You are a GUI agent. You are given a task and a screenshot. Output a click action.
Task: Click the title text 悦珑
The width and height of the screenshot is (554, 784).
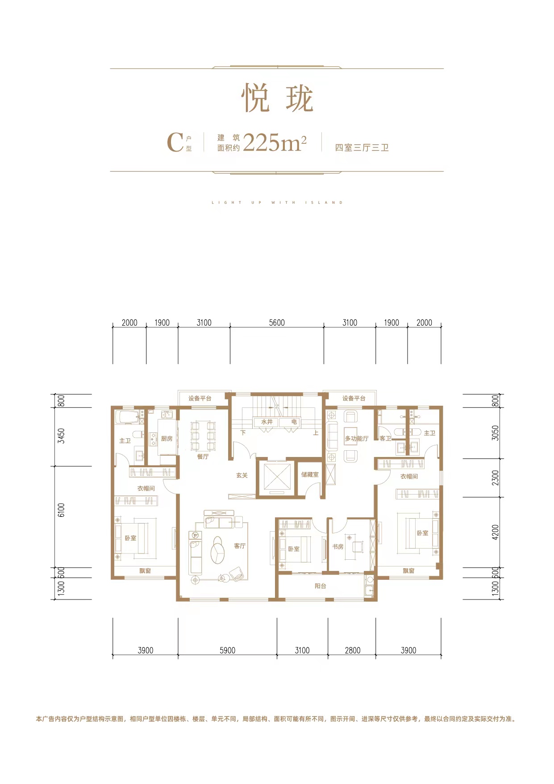point(277,99)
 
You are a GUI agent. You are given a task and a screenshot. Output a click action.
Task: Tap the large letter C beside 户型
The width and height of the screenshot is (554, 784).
point(175,143)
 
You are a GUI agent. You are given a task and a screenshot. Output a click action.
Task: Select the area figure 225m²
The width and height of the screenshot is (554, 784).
point(275,143)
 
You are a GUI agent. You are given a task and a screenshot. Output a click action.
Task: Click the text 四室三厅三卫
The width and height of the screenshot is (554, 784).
point(362,147)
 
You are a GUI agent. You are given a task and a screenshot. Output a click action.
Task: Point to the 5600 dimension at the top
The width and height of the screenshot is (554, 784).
point(277,323)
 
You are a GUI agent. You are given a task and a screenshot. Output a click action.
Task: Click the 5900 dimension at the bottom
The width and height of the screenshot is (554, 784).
point(227,650)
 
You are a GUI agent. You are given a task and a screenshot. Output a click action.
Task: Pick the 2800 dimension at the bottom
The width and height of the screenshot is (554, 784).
point(352,650)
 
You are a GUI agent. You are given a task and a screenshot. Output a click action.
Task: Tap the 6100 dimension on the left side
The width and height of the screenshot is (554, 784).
point(61,510)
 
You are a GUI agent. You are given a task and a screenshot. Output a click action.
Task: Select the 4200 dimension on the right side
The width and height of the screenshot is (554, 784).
point(495,532)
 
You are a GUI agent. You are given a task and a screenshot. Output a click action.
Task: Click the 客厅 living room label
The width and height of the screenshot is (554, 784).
point(240,546)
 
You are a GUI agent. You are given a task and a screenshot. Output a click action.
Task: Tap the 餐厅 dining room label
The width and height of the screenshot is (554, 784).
point(203,457)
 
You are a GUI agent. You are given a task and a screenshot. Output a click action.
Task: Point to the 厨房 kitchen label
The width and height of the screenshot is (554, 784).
point(167,439)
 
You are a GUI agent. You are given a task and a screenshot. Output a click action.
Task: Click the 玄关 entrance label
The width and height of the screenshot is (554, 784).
point(242,475)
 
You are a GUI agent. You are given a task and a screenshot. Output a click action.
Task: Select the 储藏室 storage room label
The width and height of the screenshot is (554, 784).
point(310,474)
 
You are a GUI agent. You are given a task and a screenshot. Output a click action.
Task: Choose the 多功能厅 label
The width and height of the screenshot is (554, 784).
point(356,439)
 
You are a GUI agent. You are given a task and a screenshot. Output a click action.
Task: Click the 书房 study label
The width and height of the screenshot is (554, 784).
point(338,546)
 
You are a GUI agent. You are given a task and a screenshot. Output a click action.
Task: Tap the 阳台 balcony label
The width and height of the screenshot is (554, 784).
point(320,586)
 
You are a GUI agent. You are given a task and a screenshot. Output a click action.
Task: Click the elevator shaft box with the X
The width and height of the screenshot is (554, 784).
point(277,478)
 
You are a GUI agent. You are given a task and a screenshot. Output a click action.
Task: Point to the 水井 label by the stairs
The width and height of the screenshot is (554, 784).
point(267,422)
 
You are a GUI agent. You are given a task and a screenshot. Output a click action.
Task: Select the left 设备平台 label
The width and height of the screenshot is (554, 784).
point(200,398)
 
